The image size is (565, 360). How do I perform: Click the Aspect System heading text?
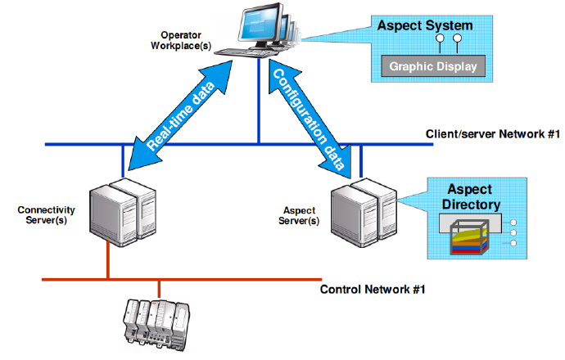pos(426,25)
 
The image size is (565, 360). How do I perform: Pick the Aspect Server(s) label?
pos(300,214)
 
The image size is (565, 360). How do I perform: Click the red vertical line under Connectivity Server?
pos(108,259)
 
